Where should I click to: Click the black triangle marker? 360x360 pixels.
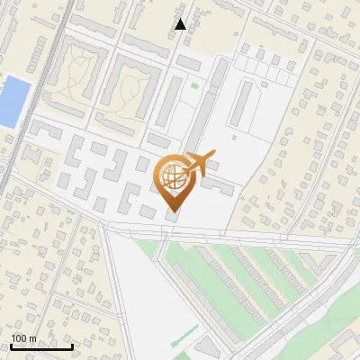(180, 24)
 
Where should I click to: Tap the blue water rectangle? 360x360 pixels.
(13, 101)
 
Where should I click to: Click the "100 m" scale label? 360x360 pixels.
(23, 337)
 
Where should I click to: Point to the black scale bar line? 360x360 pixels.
(42, 346)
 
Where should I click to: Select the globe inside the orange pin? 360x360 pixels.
(173, 176)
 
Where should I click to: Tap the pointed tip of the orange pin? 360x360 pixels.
(173, 212)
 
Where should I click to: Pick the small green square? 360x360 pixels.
(194, 86)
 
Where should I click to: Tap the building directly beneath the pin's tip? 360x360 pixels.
(172, 216)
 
